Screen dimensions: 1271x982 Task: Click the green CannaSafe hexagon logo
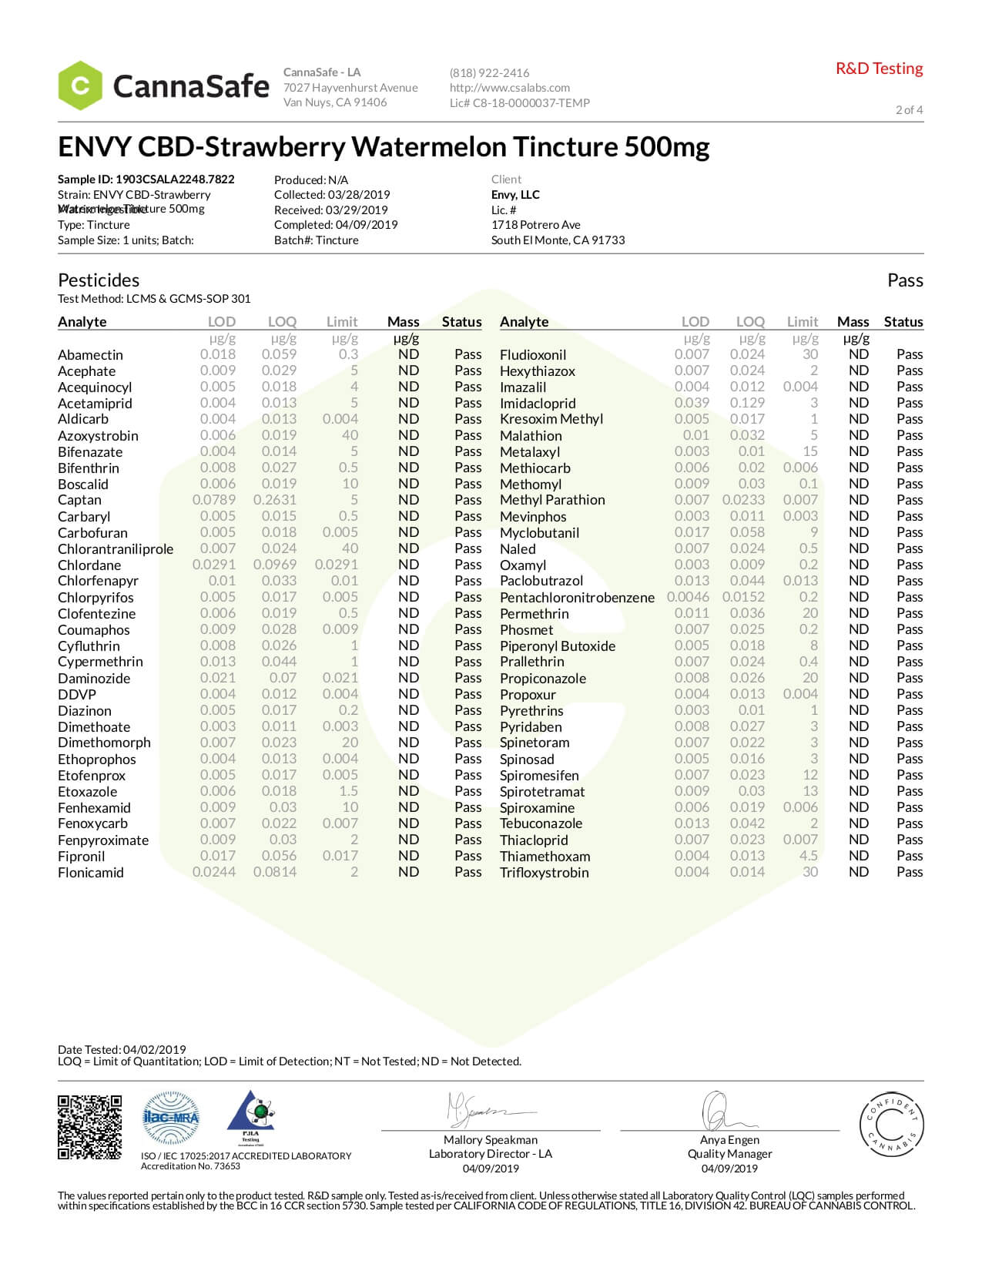click(80, 86)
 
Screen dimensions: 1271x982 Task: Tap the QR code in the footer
click(89, 1126)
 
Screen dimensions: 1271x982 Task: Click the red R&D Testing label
click(879, 69)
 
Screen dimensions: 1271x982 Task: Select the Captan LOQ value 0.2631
click(275, 500)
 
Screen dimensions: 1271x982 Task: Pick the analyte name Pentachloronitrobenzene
click(577, 598)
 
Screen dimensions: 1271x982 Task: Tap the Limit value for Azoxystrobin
click(350, 435)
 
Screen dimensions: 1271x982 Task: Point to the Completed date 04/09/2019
click(336, 225)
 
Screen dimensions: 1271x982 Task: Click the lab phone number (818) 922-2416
click(489, 73)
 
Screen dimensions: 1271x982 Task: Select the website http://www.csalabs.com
click(509, 88)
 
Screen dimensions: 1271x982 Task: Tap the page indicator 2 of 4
click(909, 109)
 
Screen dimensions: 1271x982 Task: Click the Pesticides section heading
click(99, 280)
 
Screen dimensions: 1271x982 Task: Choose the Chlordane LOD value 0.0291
click(214, 565)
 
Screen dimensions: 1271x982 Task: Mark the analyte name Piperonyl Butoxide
click(557, 646)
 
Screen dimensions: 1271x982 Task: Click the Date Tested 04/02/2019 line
click(122, 1049)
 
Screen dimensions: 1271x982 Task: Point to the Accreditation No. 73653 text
click(190, 1166)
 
